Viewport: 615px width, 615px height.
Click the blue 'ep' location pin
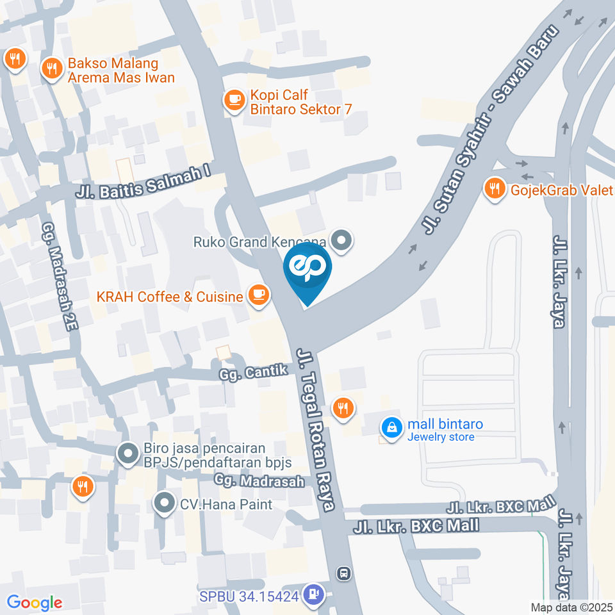click(307, 270)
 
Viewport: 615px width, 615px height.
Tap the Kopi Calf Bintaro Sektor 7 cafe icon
click(233, 99)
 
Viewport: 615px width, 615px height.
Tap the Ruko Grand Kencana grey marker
click(343, 242)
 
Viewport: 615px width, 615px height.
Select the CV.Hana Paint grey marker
click(165, 504)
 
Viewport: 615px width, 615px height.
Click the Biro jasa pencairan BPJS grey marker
click(127, 455)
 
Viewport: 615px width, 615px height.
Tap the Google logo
click(35, 602)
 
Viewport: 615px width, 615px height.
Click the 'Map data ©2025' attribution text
click(572, 607)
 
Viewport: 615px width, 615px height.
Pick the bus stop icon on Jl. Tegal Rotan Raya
click(345, 573)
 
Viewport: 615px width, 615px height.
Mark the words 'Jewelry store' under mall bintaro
click(441, 437)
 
